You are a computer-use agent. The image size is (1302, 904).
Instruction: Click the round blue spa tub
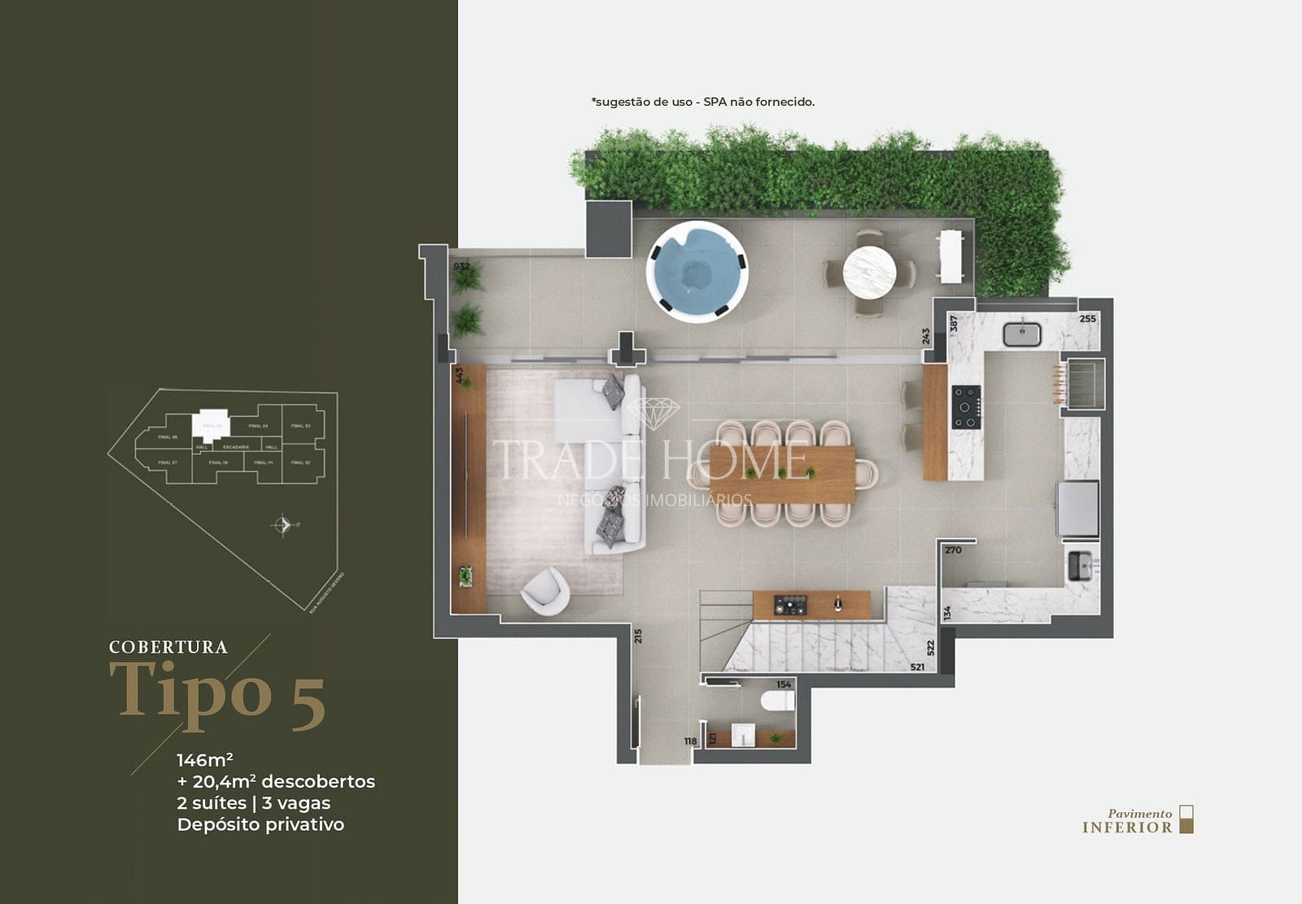697,271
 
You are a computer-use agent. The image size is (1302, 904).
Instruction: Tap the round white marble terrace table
869,272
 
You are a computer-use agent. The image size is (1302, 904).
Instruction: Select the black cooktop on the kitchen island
966,407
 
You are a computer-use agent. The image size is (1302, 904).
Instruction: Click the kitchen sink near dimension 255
1021,334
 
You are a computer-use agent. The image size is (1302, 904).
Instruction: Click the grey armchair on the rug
544,590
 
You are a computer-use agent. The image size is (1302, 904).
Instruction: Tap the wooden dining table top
782,474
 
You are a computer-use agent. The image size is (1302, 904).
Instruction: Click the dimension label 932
461,266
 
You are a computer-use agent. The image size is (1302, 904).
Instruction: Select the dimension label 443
459,375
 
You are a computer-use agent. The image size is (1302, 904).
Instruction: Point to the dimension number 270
953,550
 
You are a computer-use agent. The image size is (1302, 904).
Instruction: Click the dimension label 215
639,635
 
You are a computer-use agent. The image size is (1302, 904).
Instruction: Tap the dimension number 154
784,684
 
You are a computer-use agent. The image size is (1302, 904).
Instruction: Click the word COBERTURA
168,648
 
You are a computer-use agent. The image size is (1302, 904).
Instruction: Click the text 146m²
205,760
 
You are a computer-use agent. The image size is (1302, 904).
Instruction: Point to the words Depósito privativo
260,824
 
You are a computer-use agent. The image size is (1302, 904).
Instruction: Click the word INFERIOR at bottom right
1127,828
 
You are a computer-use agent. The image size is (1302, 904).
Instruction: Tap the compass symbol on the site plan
282,525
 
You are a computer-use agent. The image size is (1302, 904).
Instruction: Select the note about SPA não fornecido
703,102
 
